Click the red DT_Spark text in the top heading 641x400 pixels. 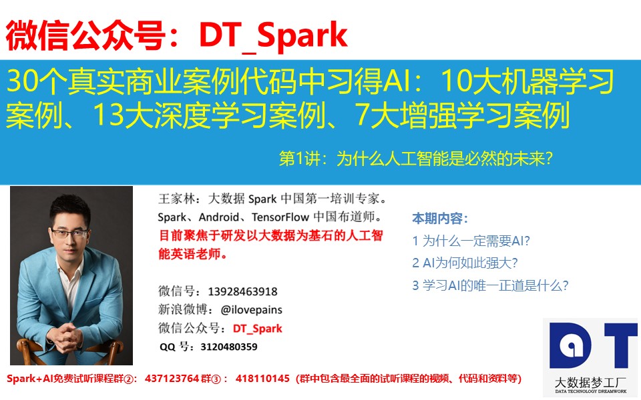pyautogui.click(x=274, y=36)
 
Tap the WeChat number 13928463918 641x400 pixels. pyautogui.click(x=243, y=291)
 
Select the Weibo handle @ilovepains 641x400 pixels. pyautogui.click(x=252, y=310)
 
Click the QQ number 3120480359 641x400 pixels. pyautogui.click(x=229, y=347)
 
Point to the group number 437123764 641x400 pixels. pyautogui.click(x=172, y=379)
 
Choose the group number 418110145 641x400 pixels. pyautogui.click(x=262, y=379)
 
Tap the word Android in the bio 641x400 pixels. pyautogui.click(x=219, y=217)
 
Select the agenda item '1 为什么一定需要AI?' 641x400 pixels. pyautogui.click(x=471, y=241)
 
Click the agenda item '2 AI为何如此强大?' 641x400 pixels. pyautogui.click(x=465, y=263)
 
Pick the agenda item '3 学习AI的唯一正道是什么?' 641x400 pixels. pyautogui.click(x=490, y=285)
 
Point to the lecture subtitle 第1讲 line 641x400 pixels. pyautogui.click(x=416, y=159)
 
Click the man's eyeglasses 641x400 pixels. pyautogui.click(x=70, y=234)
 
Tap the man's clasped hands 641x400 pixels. pyautogui.click(x=66, y=337)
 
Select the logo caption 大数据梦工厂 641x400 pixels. pyautogui.click(x=590, y=383)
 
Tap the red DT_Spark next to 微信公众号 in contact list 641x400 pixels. pyautogui.click(x=258, y=329)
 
